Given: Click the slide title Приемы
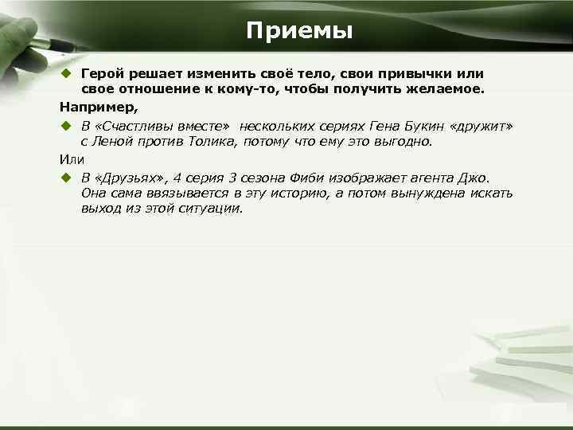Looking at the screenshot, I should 298,31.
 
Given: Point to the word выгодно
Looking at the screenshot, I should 404,142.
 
